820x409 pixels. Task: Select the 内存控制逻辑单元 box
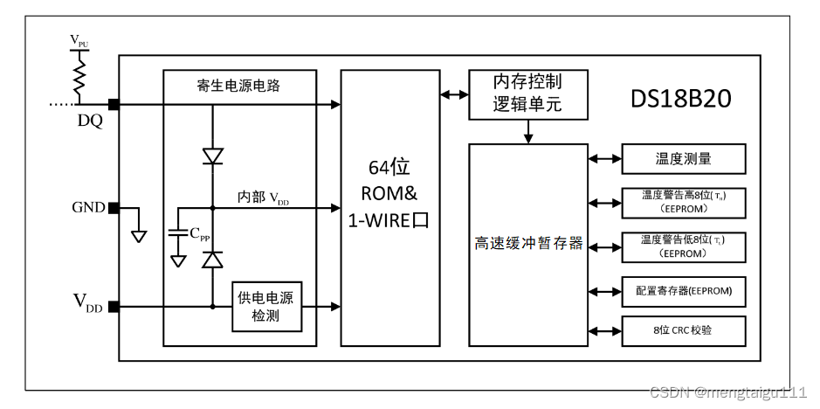[527, 94]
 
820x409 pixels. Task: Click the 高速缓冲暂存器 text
[528, 244]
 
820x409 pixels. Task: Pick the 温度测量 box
[684, 158]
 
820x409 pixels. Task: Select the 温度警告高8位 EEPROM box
[684, 202]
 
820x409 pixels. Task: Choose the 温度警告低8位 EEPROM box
[684, 246]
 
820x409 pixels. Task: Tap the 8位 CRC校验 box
[684, 331]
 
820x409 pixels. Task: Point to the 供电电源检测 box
[266, 307]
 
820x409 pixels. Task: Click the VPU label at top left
[79, 40]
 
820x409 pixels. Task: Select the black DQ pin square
[114, 105]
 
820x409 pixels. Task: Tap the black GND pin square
[114, 208]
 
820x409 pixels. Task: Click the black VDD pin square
[114, 307]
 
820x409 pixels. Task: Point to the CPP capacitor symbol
[178, 233]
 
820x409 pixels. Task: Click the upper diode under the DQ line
[212, 156]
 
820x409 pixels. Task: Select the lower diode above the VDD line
[212, 260]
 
